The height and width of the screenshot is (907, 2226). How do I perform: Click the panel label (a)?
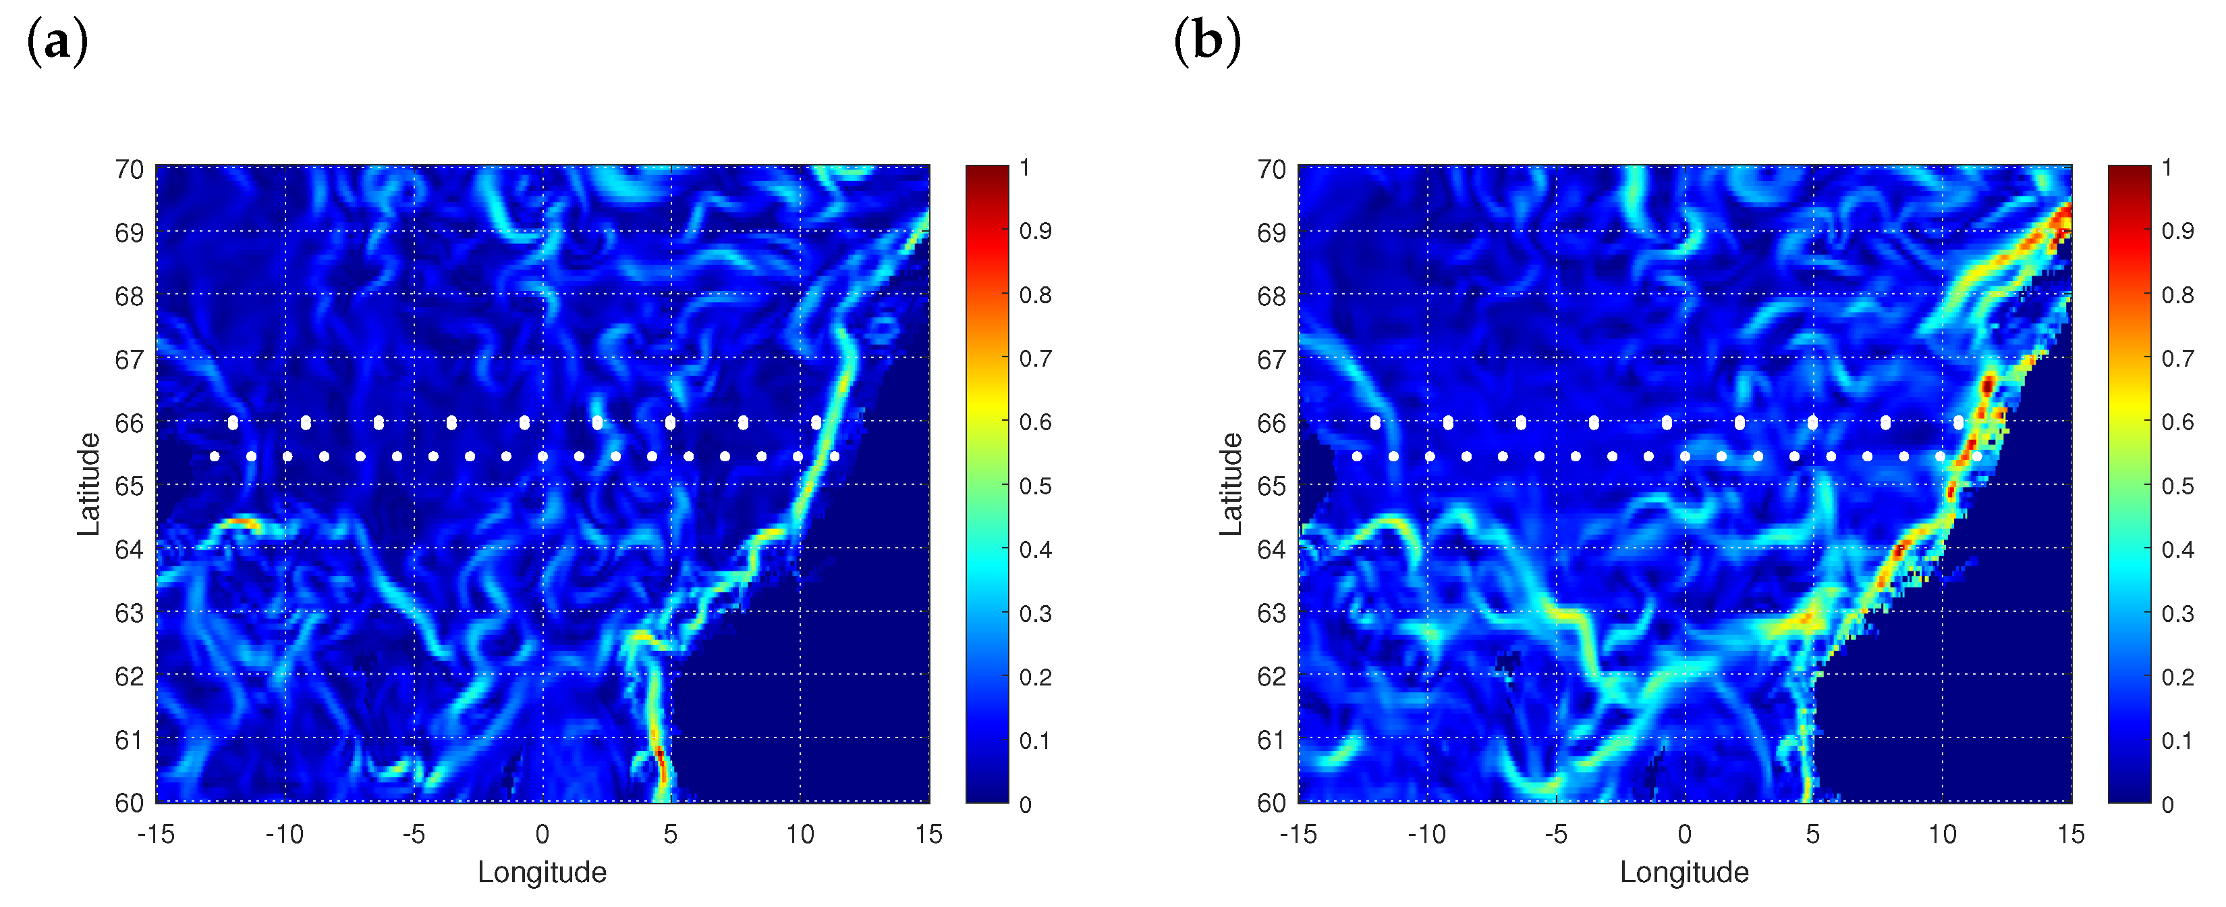click(57, 41)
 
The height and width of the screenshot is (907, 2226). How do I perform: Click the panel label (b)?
click(1206, 41)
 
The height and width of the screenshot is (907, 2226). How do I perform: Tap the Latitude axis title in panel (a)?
click(89, 484)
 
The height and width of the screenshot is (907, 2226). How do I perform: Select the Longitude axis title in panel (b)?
click(1684, 872)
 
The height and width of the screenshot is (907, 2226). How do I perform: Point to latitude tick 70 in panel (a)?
click(130, 170)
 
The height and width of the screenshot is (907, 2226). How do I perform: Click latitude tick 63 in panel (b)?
click(1271, 613)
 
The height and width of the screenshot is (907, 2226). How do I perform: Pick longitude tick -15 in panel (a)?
click(156, 834)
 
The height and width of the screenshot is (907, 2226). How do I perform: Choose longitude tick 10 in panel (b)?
click(1942, 834)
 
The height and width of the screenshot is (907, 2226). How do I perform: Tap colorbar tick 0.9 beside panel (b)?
click(2177, 231)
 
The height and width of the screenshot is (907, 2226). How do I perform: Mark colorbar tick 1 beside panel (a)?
click(1025, 167)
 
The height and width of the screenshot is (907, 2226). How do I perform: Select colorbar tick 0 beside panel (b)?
click(2167, 805)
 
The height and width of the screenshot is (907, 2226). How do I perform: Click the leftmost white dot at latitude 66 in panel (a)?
click(232, 423)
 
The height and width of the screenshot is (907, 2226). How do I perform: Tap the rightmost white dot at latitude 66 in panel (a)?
click(816, 423)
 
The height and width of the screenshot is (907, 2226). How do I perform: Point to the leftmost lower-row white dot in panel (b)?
click(1357, 457)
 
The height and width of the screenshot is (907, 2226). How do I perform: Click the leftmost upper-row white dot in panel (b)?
click(1375, 423)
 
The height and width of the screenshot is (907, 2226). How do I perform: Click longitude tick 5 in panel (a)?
click(671, 834)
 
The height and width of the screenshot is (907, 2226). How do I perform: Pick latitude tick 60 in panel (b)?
click(1271, 803)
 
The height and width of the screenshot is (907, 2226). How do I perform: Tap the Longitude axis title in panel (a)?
click(542, 872)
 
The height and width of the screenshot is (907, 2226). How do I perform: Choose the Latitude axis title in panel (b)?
click(1231, 484)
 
